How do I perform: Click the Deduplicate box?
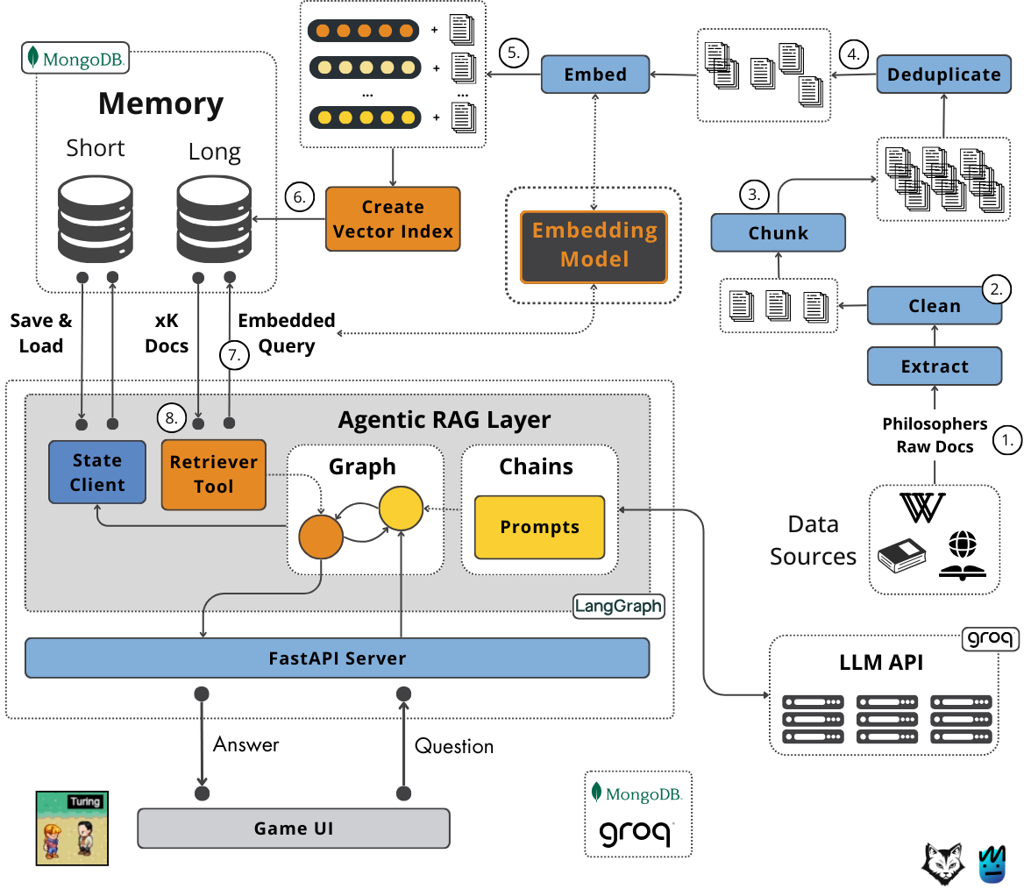pos(943,75)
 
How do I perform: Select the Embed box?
pos(595,75)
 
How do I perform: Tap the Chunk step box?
pos(778,232)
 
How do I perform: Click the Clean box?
pos(935,306)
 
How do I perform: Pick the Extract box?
pos(935,366)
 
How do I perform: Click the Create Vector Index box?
pos(393,219)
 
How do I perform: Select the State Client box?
pos(97,473)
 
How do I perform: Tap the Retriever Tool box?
pos(214,474)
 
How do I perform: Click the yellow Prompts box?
pos(539,527)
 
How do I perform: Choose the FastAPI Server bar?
pos(337,658)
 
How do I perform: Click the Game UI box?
pos(293,829)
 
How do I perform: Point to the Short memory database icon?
pos(96,219)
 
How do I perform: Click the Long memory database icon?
pos(214,219)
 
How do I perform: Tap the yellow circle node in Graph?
pos(401,509)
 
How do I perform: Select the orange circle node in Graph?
pos(321,537)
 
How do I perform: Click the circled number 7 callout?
pos(234,355)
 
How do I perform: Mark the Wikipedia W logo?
pos(922,508)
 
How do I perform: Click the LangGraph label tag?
pos(618,606)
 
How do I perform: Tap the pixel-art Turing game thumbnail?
pos(72,829)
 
